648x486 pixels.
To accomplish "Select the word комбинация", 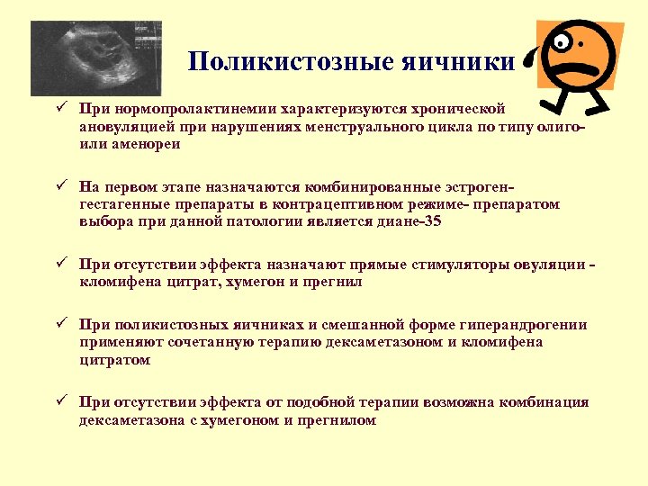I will [x=546, y=401].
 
